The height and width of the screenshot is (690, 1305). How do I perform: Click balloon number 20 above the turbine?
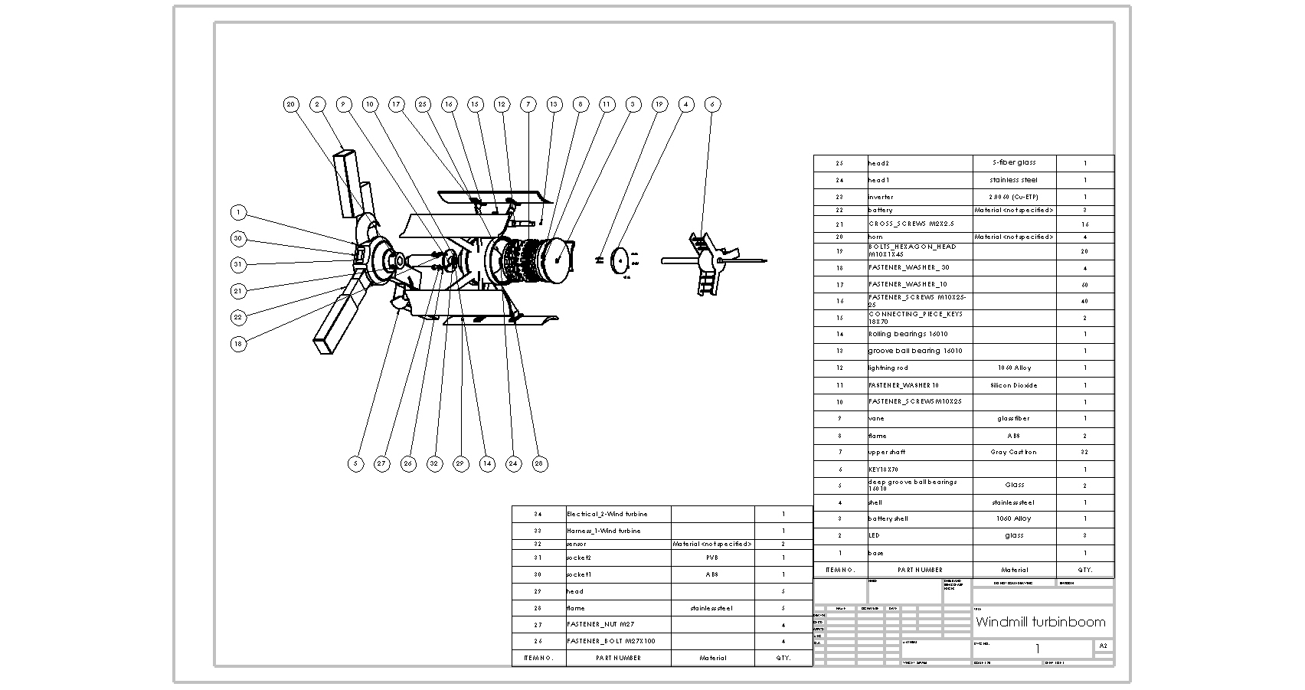[290, 105]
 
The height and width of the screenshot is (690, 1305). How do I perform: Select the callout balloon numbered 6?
[712, 105]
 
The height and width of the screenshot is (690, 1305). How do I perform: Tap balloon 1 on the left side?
[238, 212]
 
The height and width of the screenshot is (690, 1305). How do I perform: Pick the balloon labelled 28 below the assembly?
[540, 463]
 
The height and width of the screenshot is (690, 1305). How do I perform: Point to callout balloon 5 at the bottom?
[355, 463]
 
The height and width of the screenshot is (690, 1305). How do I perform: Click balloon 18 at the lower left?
[238, 344]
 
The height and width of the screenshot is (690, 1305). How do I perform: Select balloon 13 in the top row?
[554, 105]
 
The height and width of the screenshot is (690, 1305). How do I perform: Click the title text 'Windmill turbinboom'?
[1040, 622]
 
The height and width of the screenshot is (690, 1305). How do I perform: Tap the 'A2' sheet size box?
[1103, 646]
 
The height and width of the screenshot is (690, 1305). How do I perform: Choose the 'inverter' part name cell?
[881, 197]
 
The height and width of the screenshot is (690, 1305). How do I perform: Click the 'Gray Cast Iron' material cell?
[1013, 452]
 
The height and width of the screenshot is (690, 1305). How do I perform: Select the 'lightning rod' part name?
[888, 368]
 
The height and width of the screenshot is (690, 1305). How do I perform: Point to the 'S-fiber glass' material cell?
[1013, 162]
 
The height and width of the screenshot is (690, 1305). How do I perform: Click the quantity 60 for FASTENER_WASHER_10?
[1084, 285]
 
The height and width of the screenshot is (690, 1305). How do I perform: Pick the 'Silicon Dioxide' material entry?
[1013, 385]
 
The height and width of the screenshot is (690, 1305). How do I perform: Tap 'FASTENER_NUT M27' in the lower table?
[600, 624]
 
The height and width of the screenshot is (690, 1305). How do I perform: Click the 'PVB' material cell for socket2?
[712, 558]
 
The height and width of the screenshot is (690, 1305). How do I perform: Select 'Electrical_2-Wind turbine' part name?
[607, 514]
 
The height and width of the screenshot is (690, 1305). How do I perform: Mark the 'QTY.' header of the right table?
[1084, 570]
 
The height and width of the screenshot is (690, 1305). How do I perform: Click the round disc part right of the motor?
[620, 260]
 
